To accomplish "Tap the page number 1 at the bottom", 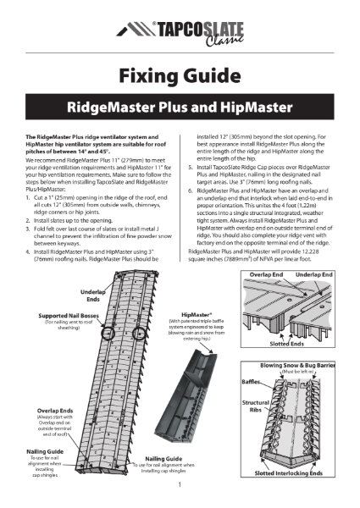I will (180, 486).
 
